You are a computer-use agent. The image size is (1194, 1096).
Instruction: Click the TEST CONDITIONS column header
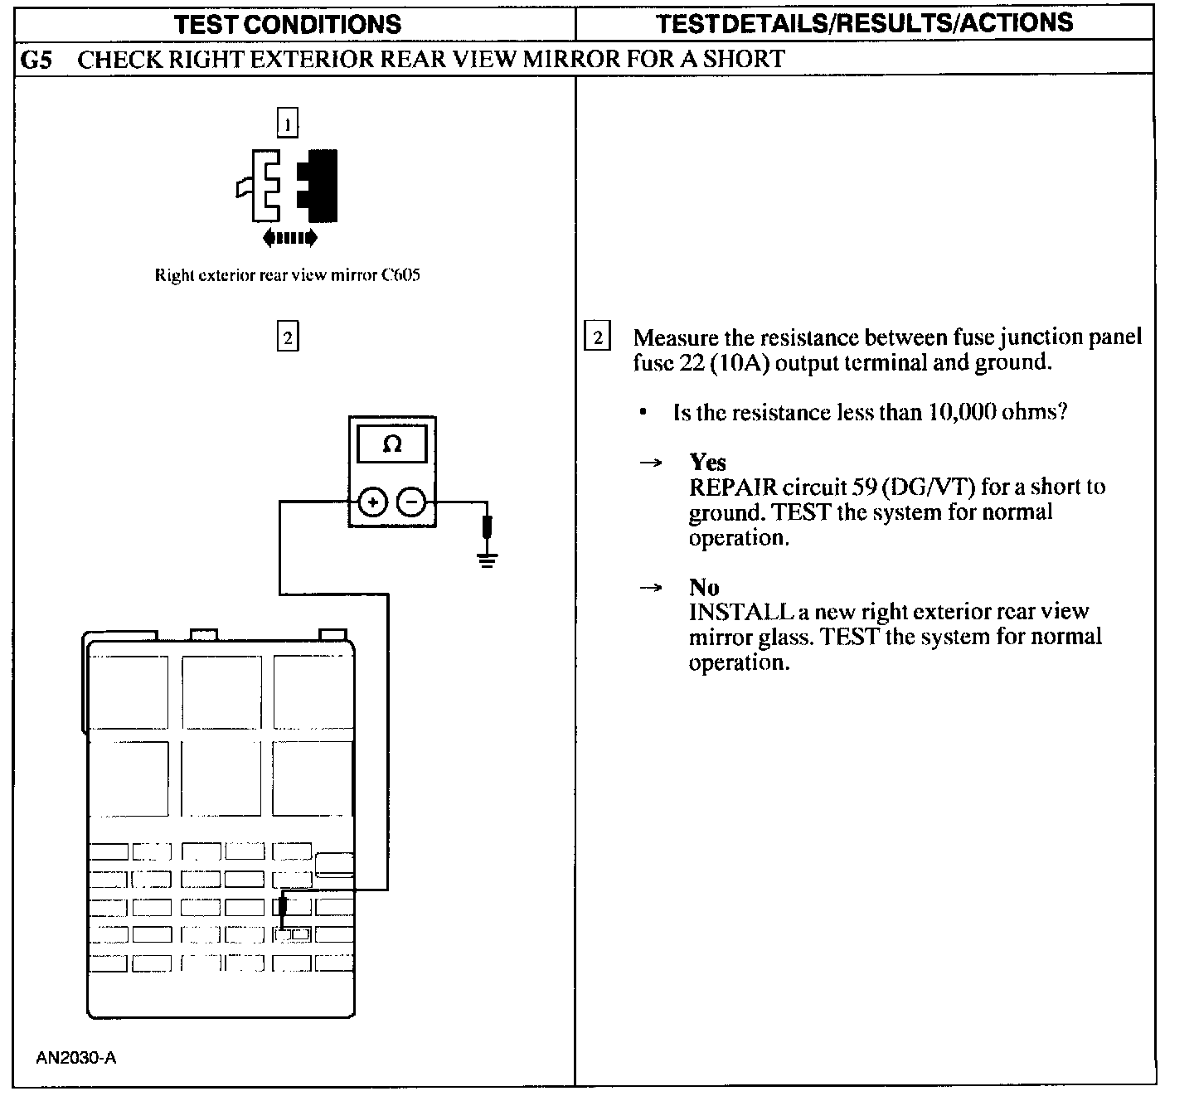288,23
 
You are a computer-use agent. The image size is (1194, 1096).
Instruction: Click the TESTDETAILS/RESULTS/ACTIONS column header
864,23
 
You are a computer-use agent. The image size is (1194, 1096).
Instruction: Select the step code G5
37,59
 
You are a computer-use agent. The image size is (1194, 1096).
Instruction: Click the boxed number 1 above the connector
287,124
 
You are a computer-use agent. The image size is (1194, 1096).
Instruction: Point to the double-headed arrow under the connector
289,239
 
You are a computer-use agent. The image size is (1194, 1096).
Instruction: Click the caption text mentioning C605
287,275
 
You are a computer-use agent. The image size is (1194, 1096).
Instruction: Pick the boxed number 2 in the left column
287,337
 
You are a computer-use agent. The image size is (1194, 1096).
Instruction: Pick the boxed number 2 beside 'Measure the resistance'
597,337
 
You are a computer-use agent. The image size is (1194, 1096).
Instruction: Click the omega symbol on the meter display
391,445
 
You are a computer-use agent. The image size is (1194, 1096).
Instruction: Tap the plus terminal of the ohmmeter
373,502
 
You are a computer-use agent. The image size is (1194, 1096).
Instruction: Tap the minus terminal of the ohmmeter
412,502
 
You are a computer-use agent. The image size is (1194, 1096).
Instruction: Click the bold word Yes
707,462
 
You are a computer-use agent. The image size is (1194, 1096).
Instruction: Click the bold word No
704,587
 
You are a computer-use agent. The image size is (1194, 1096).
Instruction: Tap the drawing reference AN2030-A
75,1058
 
